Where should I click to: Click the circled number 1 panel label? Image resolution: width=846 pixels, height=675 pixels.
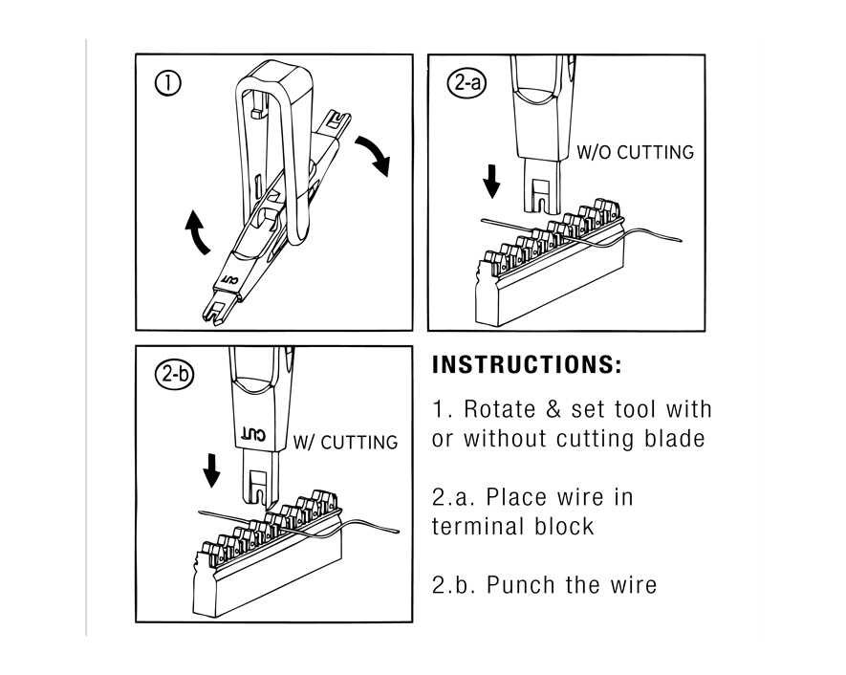[168, 83]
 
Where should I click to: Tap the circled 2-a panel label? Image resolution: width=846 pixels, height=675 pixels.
[466, 83]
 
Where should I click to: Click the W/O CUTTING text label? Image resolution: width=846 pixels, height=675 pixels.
[636, 152]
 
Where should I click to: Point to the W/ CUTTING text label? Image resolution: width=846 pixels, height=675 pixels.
[345, 442]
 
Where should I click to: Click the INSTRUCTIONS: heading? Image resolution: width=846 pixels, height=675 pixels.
[527, 365]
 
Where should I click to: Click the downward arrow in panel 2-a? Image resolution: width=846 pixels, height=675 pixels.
[492, 181]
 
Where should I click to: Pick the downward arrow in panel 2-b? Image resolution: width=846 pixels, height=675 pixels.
[212, 469]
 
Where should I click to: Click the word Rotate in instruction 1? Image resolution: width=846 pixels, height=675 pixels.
[499, 409]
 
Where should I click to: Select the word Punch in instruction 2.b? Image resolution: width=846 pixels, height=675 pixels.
[522, 584]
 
